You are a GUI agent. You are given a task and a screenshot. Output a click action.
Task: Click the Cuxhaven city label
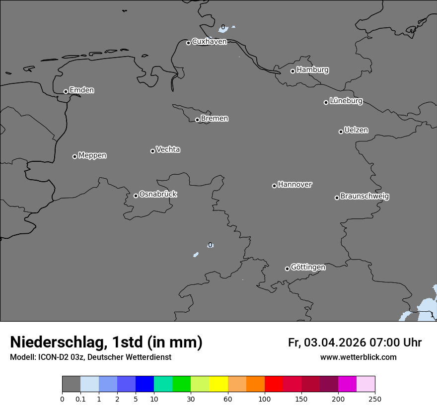(x=209, y=42)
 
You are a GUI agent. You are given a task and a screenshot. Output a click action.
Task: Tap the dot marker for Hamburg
(x=292, y=71)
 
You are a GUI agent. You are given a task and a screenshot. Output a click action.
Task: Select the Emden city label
(x=81, y=90)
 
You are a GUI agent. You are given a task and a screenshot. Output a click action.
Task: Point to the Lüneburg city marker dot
(x=326, y=102)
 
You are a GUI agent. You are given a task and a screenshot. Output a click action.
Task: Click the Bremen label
(x=215, y=119)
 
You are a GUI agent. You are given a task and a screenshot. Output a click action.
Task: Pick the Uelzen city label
(x=356, y=131)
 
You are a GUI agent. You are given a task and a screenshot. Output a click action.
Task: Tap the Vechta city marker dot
(x=152, y=151)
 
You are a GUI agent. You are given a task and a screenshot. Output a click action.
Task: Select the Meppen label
(x=92, y=155)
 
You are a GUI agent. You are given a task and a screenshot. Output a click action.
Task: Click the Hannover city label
(x=295, y=185)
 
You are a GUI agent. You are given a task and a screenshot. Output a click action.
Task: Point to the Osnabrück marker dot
(x=136, y=196)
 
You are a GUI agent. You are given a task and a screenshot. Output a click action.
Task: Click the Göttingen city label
(x=308, y=268)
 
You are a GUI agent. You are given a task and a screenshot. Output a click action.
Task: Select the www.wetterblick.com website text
(x=358, y=357)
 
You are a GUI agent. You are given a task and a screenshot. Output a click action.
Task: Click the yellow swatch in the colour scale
(x=218, y=384)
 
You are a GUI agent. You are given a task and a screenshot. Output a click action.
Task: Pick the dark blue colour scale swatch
(x=145, y=384)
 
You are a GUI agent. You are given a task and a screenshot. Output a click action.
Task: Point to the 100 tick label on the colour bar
(x=265, y=399)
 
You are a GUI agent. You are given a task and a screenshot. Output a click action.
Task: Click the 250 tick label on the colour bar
(x=375, y=399)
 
